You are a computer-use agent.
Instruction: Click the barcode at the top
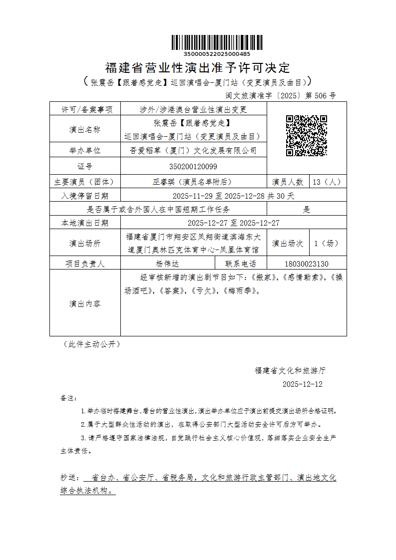tap(217, 43)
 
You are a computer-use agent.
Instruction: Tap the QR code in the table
tap(306, 136)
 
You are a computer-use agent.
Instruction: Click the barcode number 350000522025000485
tap(217, 54)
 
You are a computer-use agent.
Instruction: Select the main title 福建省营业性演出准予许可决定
tap(198, 67)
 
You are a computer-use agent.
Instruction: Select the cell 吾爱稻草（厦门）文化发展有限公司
tap(193, 150)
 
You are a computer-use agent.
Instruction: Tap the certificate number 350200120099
tap(193, 166)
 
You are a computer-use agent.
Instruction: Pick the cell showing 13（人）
tap(328, 182)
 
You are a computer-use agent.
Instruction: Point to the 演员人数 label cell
tap(288, 182)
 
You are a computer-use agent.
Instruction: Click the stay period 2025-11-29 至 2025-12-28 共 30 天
tap(233, 196)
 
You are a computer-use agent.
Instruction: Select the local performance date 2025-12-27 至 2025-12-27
tap(233, 223)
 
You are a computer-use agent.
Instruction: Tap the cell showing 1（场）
tap(328, 243)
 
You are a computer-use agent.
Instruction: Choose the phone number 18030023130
tap(307, 264)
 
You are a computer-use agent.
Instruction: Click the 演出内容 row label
tap(85, 303)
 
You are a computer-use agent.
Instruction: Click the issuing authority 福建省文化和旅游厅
tap(290, 371)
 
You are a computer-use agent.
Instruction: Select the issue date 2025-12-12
tap(303, 384)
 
